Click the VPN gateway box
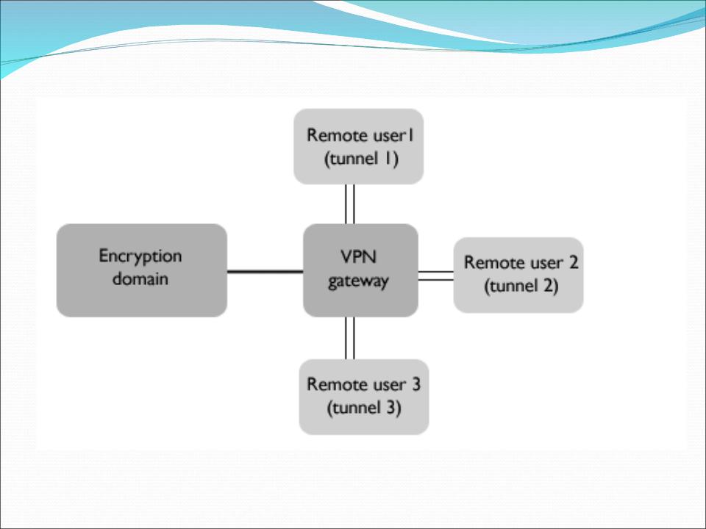coord(360,270)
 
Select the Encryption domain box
coord(141,270)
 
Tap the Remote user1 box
coord(358,146)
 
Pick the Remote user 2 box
coord(518,274)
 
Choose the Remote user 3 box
coord(363,397)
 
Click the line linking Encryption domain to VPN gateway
coord(265,271)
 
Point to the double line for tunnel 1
coord(350,204)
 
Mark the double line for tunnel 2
coord(435,276)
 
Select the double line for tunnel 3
coord(350,338)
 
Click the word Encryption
coord(140,256)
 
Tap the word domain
coord(140,279)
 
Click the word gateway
coord(360,281)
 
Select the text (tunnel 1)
coord(361,159)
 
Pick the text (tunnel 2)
coord(521,287)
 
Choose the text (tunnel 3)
coord(363,409)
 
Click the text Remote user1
coord(358,135)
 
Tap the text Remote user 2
coord(520,263)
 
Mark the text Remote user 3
coord(363,384)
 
